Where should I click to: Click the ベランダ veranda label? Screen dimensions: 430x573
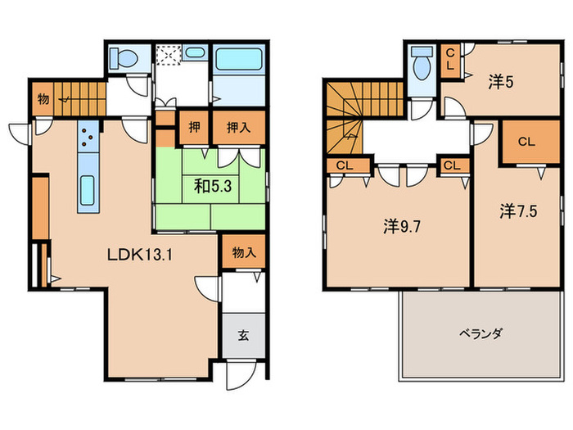pos(480,333)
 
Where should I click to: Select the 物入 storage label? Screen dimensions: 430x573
pos(244,253)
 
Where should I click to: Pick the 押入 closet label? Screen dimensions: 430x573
pos(239,128)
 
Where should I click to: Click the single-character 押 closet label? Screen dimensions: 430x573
pos(194,128)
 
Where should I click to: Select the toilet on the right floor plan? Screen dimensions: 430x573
pos(422,66)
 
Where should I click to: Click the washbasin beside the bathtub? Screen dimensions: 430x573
pos(195,53)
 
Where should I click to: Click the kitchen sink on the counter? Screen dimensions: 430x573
pos(87,189)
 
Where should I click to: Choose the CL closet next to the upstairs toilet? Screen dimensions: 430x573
pos(449,61)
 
